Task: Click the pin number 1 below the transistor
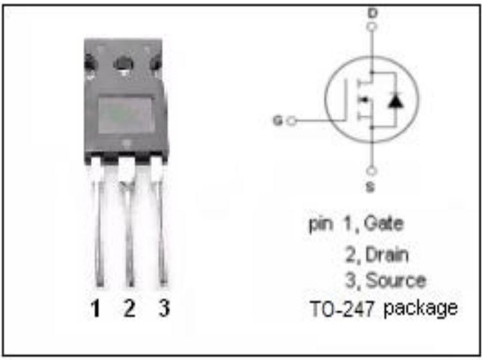click(96, 308)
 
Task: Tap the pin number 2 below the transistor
click(130, 308)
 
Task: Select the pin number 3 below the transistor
click(164, 308)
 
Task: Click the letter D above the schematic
click(372, 13)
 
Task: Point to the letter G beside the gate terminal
click(278, 120)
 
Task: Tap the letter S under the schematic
click(371, 187)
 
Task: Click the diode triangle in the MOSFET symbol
click(396, 101)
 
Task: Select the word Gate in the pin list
click(384, 223)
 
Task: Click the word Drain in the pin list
click(387, 255)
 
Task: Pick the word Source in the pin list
click(396, 280)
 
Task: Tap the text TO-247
click(342, 308)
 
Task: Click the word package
click(421, 309)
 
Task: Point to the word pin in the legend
click(321, 224)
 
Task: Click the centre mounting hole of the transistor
click(124, 64)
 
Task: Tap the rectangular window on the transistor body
click(125, 116)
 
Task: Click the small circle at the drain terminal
click(372, 26)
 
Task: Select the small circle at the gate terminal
click(292, 121)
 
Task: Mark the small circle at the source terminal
click(372, 171)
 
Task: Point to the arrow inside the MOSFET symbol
click(365, 99)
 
